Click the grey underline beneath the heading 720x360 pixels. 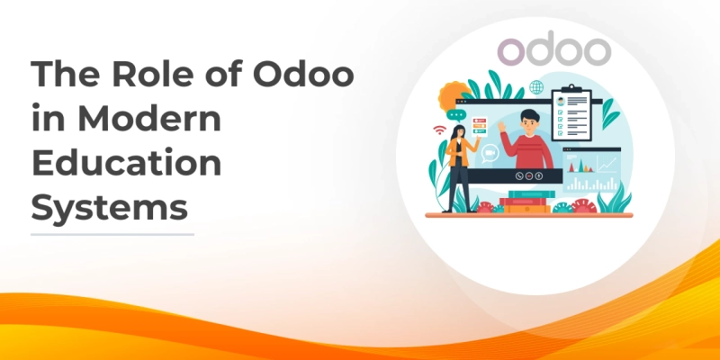[112, 234]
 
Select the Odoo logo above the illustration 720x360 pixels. [554, 51]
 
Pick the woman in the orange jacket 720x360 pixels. [460, 166]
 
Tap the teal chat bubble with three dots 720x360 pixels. [457, 116]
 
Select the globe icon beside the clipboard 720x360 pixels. [537, 87]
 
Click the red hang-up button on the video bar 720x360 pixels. [518, 175]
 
